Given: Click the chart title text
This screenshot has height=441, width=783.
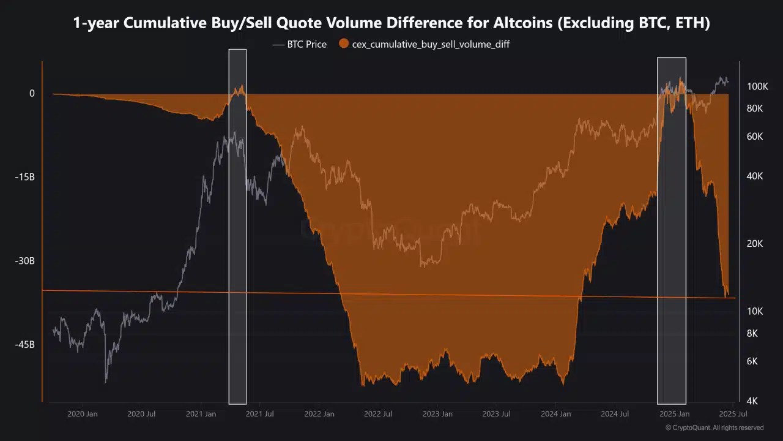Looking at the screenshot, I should [x=391, y=23].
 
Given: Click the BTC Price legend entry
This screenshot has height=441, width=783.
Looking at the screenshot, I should [x=306, y=44].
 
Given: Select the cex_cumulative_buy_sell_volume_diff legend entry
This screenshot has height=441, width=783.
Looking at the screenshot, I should [x=431, y=44].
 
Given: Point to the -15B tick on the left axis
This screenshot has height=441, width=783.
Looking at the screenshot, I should [x=24, y=177].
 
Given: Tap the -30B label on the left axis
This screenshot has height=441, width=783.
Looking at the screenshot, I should [x=24, y=261].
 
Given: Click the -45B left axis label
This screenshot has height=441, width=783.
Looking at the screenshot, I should [x=24, y=345].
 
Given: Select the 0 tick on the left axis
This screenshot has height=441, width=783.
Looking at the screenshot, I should [x=32, y=93].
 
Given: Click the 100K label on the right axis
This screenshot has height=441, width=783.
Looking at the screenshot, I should [x=757, y=86].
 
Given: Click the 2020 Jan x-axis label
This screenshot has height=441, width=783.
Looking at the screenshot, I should [x=82, y=414].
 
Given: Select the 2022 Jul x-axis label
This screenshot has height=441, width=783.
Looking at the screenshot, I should [x=377, y=414].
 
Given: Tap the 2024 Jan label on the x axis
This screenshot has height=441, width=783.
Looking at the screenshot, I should [x=555, y=414].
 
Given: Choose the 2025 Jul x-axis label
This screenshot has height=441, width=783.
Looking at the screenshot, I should [x=733, y=414].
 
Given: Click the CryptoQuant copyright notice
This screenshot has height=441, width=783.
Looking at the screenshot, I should [x=714, y=428].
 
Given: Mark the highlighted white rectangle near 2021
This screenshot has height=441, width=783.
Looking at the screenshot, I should [x=237, y=227].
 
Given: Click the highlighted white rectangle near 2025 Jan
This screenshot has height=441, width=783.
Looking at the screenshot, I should [x=671, y=230].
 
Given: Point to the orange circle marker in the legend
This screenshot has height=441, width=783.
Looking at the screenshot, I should [x=344, y=44].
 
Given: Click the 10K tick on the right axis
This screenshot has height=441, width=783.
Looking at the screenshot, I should [x=755, y=311].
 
